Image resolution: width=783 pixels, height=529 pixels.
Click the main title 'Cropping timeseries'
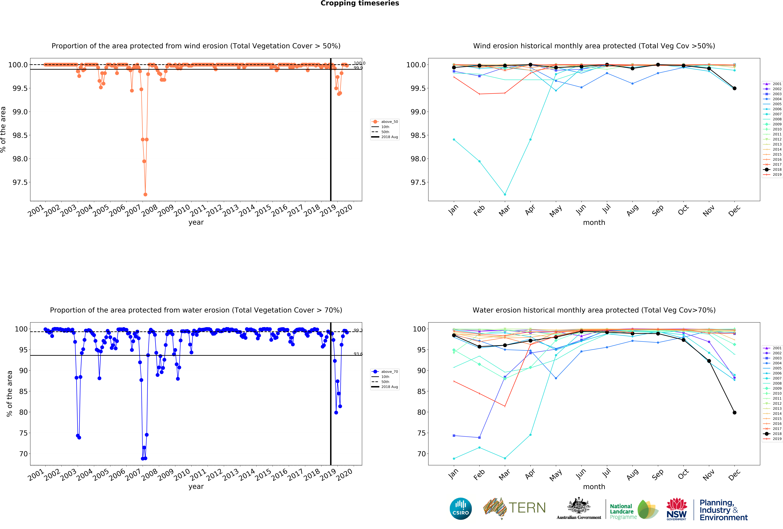(359, 3)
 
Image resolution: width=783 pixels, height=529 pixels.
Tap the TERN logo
(514, 508)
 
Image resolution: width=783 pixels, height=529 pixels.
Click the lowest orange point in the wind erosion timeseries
(145, 194)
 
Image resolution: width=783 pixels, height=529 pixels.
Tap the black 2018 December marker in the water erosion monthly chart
(734, 412)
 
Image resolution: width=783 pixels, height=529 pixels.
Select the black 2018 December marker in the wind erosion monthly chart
(734, 88)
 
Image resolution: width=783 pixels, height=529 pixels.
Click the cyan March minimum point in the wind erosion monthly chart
(505, 194)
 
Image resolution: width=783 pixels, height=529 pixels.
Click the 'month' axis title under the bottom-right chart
(594, 487)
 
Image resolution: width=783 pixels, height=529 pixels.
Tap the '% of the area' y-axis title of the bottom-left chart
(9, 394)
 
